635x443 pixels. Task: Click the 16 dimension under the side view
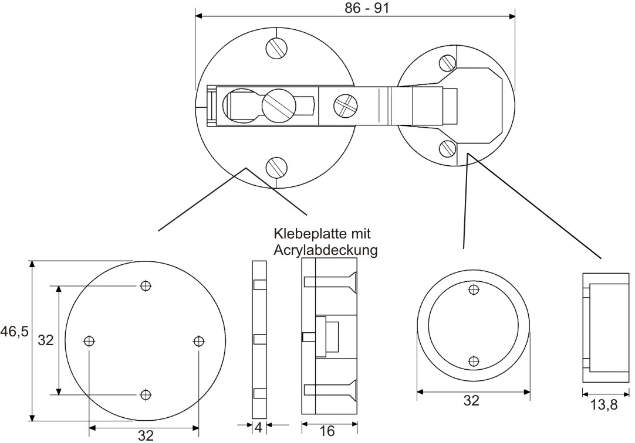[327, 431]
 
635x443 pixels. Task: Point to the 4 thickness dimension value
[258, 428]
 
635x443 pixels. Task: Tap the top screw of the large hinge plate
[276, 47]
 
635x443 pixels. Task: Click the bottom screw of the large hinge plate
[276, 167]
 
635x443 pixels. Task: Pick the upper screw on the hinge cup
[448, 62]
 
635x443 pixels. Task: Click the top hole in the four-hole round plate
[146, 286]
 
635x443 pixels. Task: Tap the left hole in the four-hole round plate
[89, 340]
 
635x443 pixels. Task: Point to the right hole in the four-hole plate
[198, 340]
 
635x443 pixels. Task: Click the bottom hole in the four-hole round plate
[146, 394]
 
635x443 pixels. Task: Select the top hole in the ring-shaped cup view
[473, 288]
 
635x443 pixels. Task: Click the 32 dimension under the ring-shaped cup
[471, 401]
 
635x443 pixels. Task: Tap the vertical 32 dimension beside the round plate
[46, 340]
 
